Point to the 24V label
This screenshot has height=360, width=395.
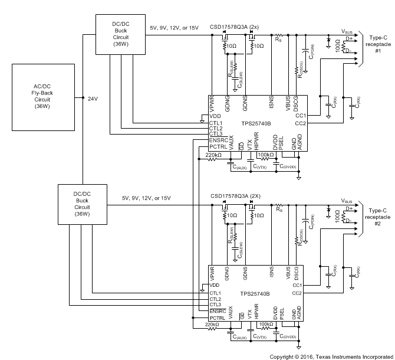click(x=93, y=99)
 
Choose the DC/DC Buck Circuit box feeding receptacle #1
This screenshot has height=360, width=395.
click(x=120, y=35)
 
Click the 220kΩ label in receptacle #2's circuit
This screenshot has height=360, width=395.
click(x=213, y=324)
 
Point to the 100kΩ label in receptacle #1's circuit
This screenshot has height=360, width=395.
click(x=266, y=155)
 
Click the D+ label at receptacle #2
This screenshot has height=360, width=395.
click(x=350, y=208)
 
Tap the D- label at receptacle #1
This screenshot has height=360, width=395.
click(x=350, y=51)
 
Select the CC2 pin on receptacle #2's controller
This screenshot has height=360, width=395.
click(x=300, y=293)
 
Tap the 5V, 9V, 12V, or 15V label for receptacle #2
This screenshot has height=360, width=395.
click(x=146, y=198)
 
